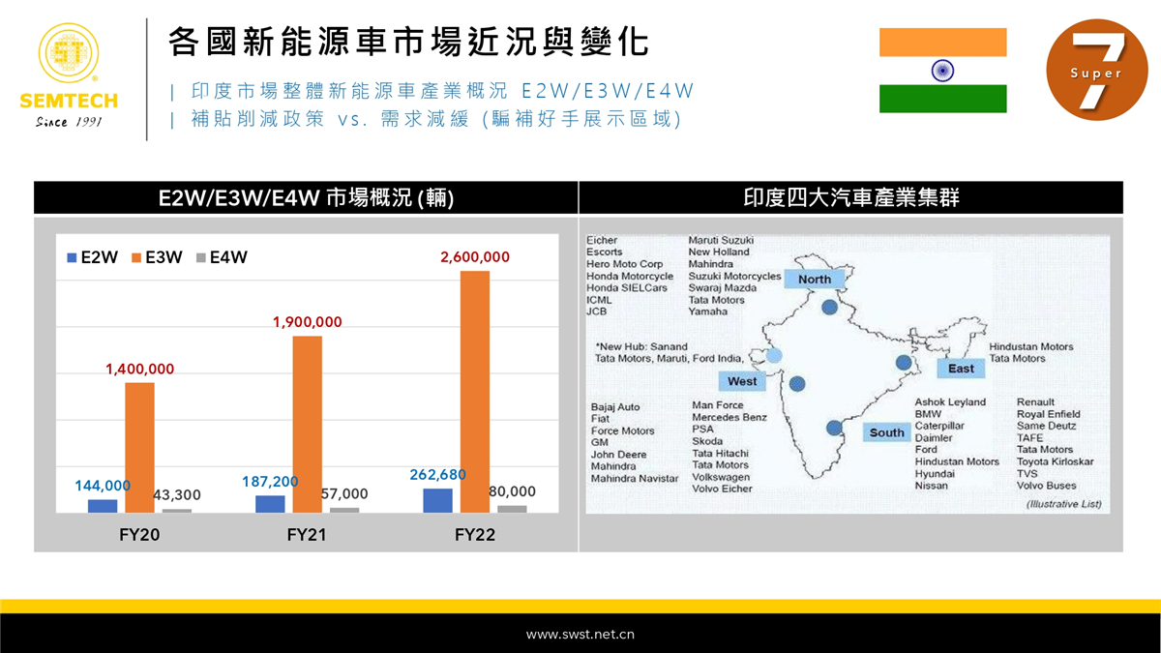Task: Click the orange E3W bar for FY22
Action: pos(475,392)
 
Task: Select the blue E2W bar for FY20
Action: pos(103,506)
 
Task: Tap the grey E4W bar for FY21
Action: pos(344,511)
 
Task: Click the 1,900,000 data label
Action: pos(308,322)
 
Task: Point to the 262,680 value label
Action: pos(437,475)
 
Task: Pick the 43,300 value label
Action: pos(177,495)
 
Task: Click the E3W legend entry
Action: pos(157,257)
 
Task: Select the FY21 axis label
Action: pos(307,534)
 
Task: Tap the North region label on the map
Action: pos(815,280)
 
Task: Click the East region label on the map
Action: pos(961,369)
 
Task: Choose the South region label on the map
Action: pos(886,432)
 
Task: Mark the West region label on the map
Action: pos(742,381)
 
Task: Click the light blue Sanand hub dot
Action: pos(774,356)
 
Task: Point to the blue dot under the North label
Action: pos(829,308)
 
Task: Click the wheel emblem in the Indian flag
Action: pos(942,71)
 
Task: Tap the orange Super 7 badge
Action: pos(1097,70)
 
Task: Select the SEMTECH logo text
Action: pos(69,101)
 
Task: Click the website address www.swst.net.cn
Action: pos(580,635)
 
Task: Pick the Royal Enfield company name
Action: pos(1049,414)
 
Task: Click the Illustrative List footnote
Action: pos(1064,504)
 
